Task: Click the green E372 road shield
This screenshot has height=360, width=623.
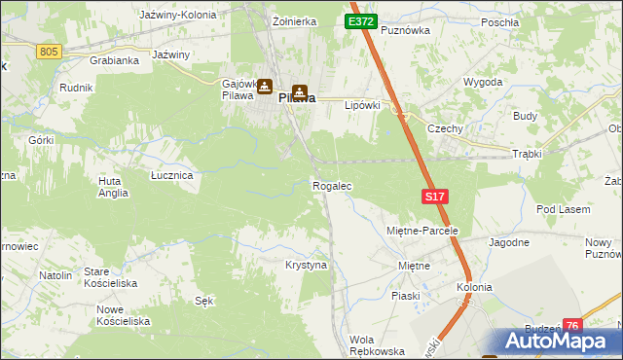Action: coord(360,21)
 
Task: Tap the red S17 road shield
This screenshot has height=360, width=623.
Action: coord(435,197)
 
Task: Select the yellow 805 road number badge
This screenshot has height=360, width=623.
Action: coord(50,51)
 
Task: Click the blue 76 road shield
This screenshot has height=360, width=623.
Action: coord(572,326)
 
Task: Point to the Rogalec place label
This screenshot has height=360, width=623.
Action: coord(331,185)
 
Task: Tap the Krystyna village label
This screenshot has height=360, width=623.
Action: coord(306,265)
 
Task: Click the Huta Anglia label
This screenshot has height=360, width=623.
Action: coord(113,187)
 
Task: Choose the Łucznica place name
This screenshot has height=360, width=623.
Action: coord(171,175)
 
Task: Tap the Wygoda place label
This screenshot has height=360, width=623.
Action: coord(483,82)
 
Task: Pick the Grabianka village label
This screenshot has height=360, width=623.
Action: coord(114,59)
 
